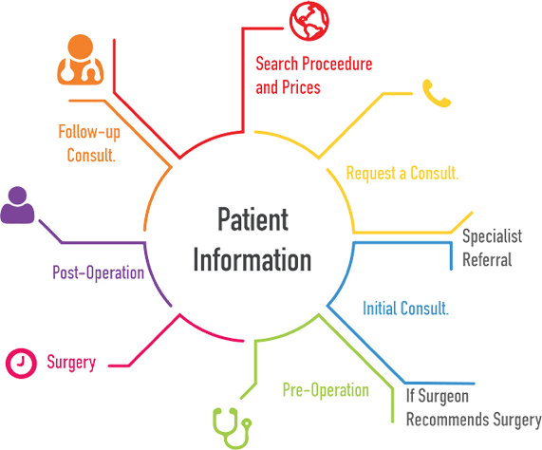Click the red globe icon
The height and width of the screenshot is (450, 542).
click(x=309, y=21)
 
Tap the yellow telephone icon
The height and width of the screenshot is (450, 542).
click(x=437, y=94)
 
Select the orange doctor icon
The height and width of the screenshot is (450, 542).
click(x=80, y=60)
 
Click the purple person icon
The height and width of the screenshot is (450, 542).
click(x=17, y=205)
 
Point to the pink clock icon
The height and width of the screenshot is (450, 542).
click(x=21, y=363)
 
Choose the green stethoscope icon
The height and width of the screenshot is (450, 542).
click(x=232, y=428)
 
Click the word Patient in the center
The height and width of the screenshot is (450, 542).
click(x=252, y=219)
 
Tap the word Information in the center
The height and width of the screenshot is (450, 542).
click(x=252, y=259)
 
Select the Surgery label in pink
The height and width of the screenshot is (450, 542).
click(x=71, y=363)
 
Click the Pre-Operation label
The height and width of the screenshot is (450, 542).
click(x=326, y=390)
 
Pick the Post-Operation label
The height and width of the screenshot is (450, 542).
click(x=98, y=272)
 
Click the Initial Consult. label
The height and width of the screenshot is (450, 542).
click(x=406, y=308)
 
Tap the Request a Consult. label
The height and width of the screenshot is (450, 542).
click(x=402, y=173)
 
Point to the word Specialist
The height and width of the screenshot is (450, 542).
click(x=493, y=236)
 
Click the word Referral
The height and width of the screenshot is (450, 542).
click(x=487, y=259)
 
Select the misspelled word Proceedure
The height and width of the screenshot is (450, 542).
click(x=337, y=64)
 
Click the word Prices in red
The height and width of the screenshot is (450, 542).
click(x=301, y=87)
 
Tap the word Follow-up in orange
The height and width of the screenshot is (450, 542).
click(x=89, y=132)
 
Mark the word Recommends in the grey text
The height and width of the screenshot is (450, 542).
click(x=448, y=420)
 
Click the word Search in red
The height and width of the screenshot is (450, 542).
click(x=276, y=64)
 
